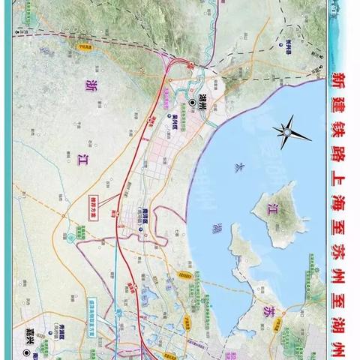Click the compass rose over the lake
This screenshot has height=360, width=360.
pos(288,132)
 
